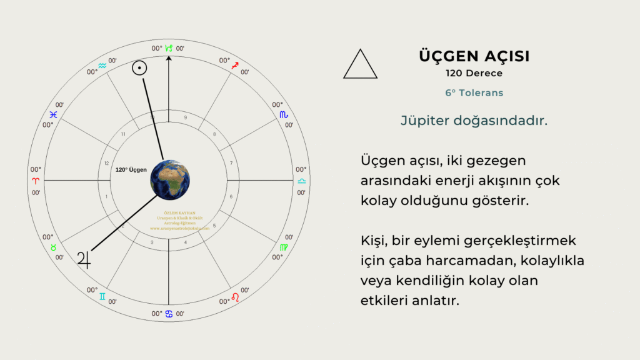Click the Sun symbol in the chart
pyautogui.click(x=139, y=68)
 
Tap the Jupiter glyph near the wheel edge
pyautogui.click(x=84, y=258)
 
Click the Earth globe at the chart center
pyautogui.click(x=169, y=180)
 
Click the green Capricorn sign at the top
pyautogui.click(x=169, y=47)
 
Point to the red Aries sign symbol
pyautogui.click(x=36, y=180)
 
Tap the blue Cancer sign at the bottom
pyautogui.click(x=169, y=314)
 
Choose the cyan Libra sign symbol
pyautogui.click(x=302, y=180)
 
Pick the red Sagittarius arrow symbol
pyautogui.click(x=235, y=65)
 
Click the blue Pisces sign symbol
pyautogui.click(x=54, y=114)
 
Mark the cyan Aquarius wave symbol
pyautogui.click(x=102, y=65)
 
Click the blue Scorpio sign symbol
pyautogui.click(x=284, y=114)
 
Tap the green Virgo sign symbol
pyautogui.click(x=284, y=247)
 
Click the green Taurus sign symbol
pyautogui.click(x=54, y=247)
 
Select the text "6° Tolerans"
pyautogui.click(x=474, y=92)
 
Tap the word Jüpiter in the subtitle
pyautogui.click(x=425, y=121)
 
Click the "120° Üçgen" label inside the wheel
pyautogui.click(x=131, y=169)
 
